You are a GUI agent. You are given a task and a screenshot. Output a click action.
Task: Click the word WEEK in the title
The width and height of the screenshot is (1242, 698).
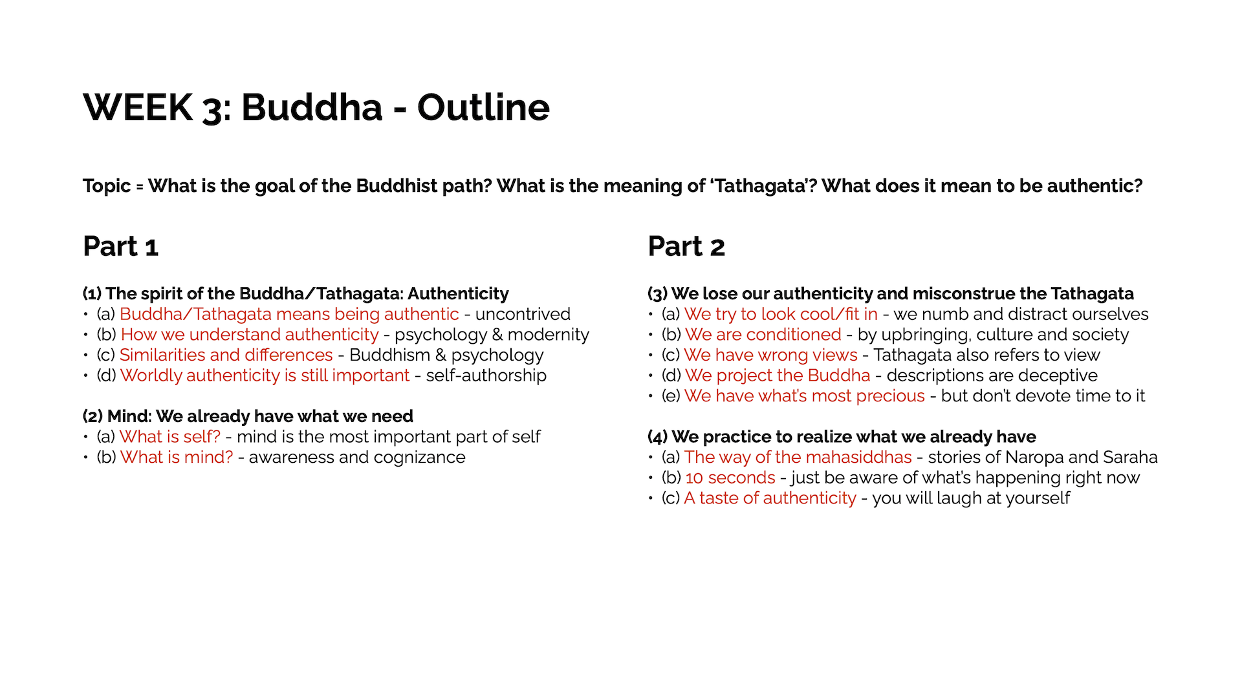click(138, 107)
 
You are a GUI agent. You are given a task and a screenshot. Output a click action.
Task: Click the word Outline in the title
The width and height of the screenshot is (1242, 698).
click(483, 107)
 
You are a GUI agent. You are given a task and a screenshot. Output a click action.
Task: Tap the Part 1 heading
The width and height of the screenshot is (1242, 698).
click(121, 246)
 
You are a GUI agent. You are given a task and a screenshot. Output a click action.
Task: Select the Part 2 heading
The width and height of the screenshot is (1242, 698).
click(686, 246)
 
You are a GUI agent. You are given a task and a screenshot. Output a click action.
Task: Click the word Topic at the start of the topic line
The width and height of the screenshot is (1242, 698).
click(107, 186)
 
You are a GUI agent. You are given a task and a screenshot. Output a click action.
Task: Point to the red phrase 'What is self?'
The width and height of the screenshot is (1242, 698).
click(170, 437)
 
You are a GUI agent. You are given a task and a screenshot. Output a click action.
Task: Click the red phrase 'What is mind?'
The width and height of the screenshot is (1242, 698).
click(177, 458)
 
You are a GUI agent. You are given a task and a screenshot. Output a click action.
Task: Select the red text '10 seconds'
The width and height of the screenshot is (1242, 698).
click(730, 478)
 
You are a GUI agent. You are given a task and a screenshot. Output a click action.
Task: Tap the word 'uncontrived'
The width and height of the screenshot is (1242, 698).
click(523, 314)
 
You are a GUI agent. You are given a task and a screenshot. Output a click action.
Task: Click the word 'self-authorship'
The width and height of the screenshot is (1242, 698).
click(486, 375)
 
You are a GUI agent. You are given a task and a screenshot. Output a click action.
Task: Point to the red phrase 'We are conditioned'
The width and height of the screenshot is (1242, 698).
click(763, 335)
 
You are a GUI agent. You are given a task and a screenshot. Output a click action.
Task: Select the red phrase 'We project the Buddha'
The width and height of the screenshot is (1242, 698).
click(778, 375)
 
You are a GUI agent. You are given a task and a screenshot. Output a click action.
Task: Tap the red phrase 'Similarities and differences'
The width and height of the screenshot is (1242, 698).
click(226, 355)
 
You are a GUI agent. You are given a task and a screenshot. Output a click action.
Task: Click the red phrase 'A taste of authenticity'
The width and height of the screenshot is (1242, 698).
click(770, 498)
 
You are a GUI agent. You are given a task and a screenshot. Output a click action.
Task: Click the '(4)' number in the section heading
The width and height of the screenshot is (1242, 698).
click(658, 437)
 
